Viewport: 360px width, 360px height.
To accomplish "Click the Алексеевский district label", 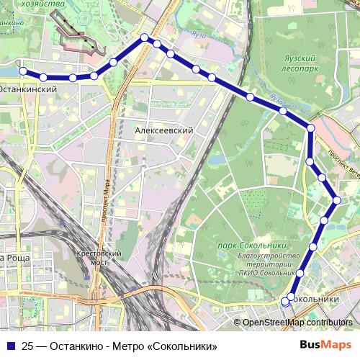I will [x=164, y=130].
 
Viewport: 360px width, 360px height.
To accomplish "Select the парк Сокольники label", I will [x=247, y=246].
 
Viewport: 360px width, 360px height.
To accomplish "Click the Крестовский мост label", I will [x=100, y=258].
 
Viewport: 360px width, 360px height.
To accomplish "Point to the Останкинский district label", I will [x=27, y=89].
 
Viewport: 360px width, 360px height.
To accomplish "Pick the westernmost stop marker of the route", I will [x=23, y=71].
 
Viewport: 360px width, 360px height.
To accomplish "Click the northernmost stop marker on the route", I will [x=145, y=37].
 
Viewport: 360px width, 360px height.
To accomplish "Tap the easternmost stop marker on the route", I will [x=337, y=199].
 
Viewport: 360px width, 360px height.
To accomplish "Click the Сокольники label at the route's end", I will [x=316, y=299].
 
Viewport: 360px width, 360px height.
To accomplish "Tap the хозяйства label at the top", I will [x=24, y=4].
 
